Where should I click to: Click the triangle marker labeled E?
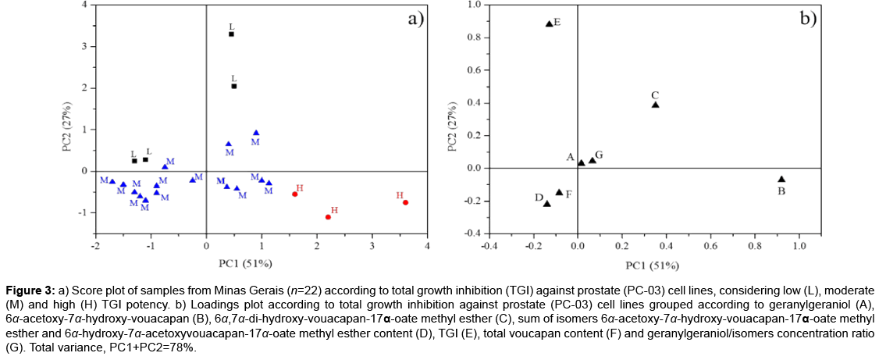(549, 23)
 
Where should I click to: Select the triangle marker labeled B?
(781, 180)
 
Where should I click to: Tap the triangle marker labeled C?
(655, 105)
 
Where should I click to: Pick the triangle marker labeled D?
(546, 204)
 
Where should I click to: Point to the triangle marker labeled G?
(593, 160)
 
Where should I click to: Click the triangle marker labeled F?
(559, 192)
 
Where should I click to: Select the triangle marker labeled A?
(581, 162)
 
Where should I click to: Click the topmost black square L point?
(231, 34)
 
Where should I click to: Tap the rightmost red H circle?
(405, 203)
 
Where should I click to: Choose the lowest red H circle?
(328, 217)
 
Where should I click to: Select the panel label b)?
(806, 20)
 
